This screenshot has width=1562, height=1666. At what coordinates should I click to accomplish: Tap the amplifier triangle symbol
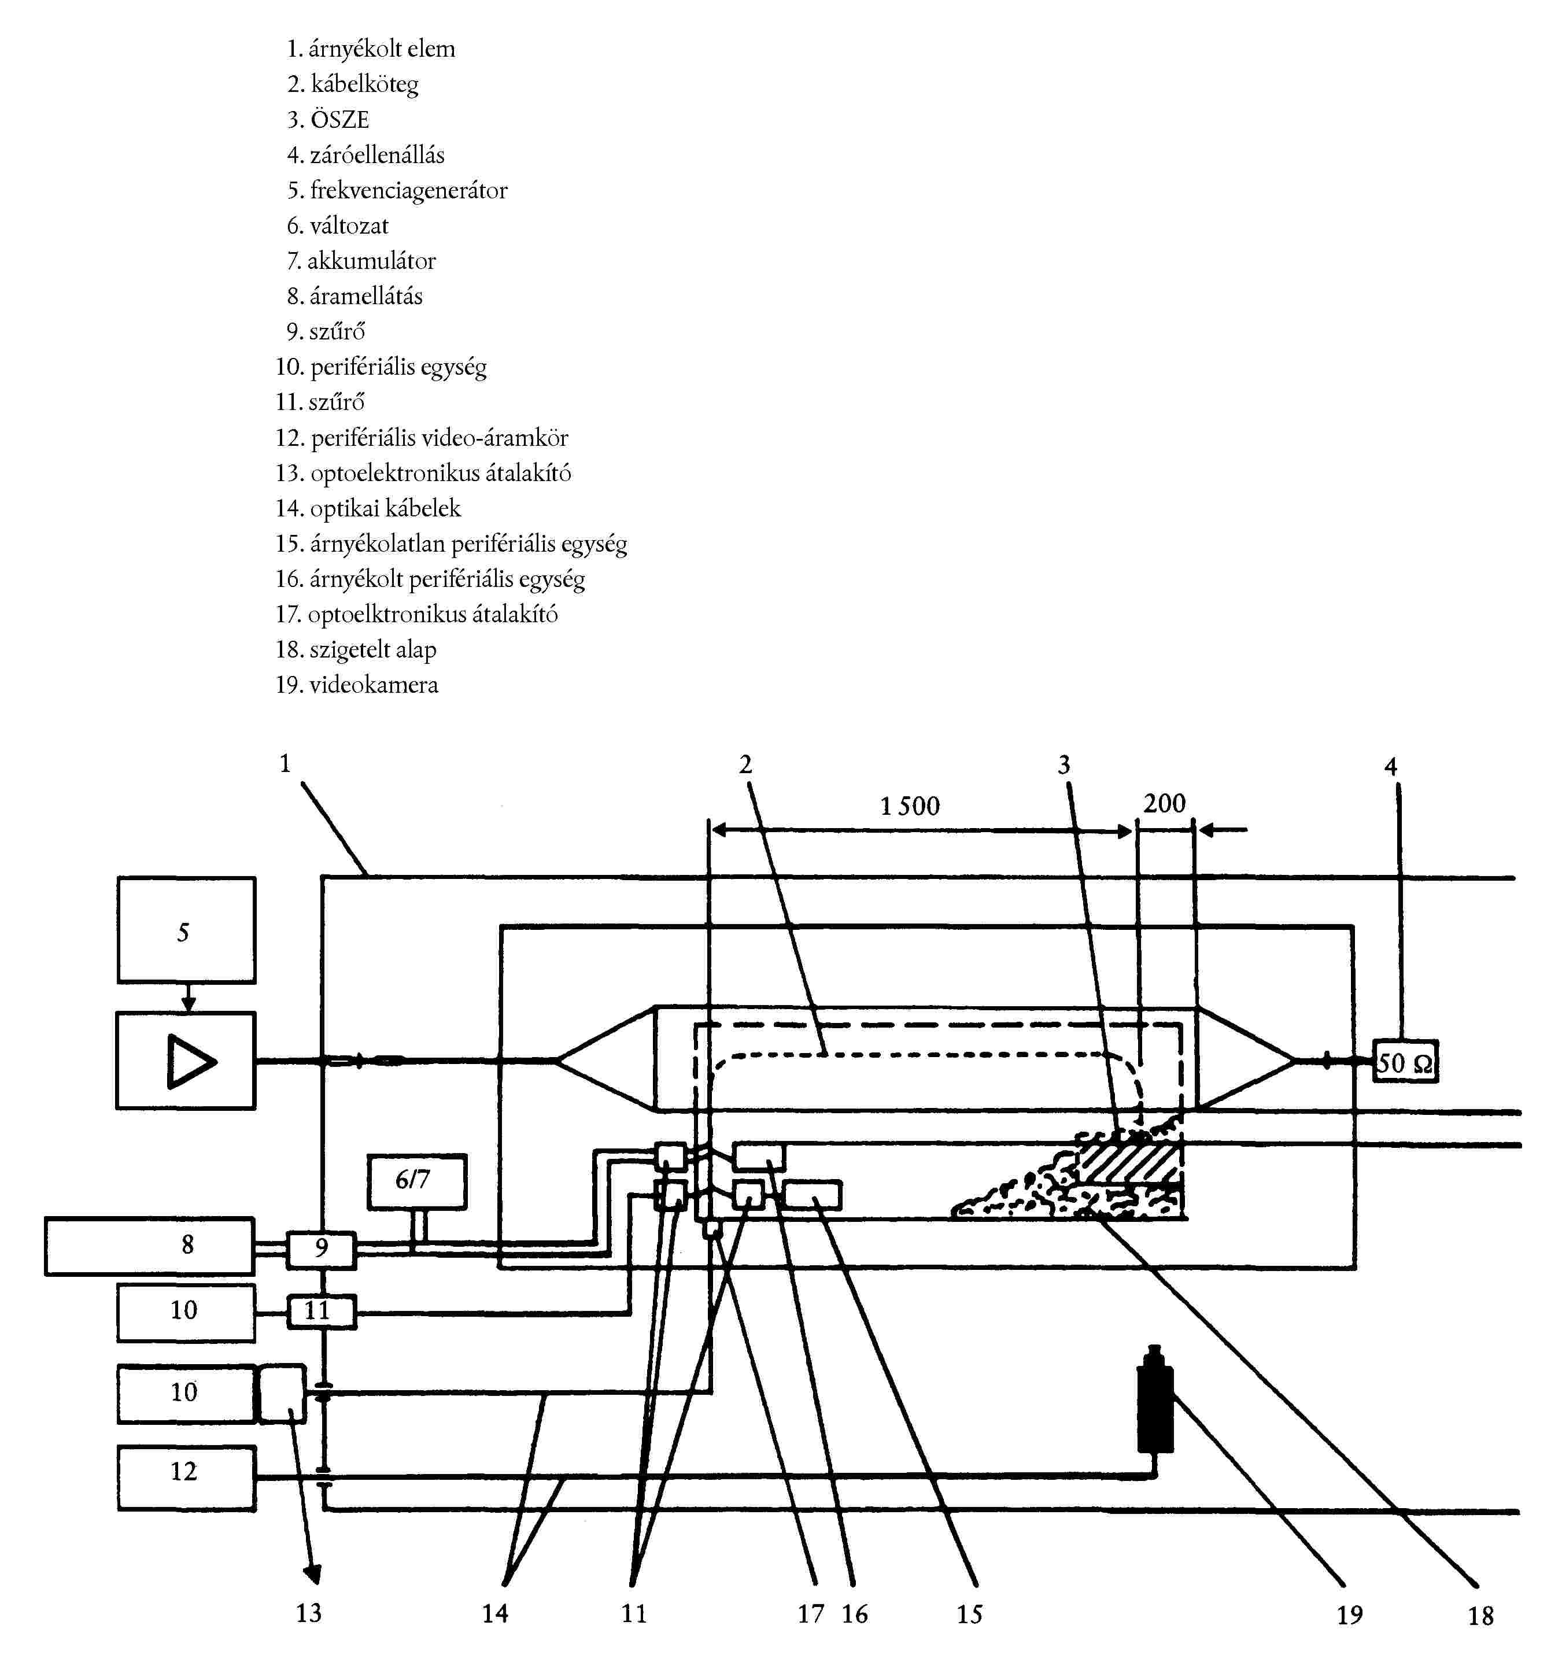(x=191, y=1062)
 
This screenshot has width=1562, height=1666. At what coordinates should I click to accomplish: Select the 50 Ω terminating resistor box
(x=1405, y=1062)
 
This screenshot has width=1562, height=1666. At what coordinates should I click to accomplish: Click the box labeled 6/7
(x=416, y=1181)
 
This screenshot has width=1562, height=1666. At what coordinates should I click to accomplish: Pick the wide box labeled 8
(x=149, y=1246)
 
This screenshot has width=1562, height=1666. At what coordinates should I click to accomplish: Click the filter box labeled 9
(x=321, y=1250)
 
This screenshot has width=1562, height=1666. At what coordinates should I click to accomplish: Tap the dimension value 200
(x=1164, y=803)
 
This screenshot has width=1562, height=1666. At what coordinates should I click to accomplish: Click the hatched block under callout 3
(x=1129, y=1162)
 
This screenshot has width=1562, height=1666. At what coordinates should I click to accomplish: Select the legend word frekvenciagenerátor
(x=409, y=191)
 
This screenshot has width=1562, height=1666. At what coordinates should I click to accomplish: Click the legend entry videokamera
(x=374, y=685)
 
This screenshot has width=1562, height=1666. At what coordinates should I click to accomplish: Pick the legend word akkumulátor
(x=371, y=261)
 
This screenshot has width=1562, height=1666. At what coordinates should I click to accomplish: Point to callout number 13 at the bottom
(x=308, y=1612)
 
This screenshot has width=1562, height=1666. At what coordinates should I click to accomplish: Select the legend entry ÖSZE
(x=339, y=119)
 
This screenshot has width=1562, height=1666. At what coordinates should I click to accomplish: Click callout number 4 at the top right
(x=1391, y=766)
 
